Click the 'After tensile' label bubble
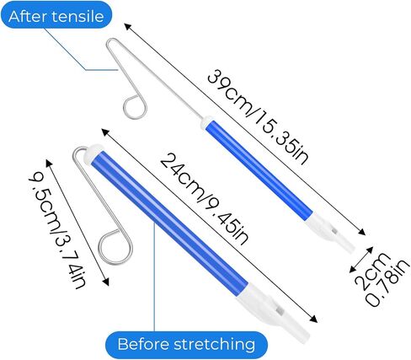[56, 15]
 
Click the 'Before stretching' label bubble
[186, 345]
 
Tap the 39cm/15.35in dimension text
[258, 117]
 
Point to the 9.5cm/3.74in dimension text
[57, 233]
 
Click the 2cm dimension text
[372, 271]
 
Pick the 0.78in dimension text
[387, 282]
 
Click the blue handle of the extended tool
[259, 169]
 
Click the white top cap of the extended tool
[205, 121]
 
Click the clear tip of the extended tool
[348, 247]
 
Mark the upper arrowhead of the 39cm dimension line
[128, 27]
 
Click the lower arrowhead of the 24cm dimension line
[314, 319]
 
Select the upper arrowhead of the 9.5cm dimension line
[49, 163]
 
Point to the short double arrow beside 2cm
[361, 260]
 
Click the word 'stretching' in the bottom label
[214, 345]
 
